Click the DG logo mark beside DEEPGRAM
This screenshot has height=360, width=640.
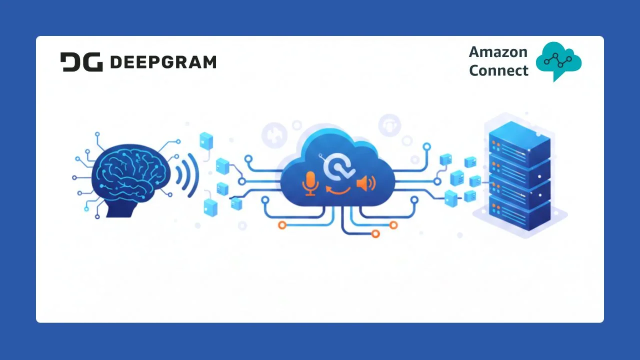[x=81, y=62]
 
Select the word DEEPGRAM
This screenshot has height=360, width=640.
[x=163, y=62]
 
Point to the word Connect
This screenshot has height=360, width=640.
[x=498, y=70]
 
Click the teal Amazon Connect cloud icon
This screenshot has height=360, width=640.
[x=558, y=59]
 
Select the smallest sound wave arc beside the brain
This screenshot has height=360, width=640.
[x=178, y=173]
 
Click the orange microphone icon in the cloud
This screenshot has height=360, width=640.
[x=310, y=183]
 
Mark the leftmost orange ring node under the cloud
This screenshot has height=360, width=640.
[x=282, y=225]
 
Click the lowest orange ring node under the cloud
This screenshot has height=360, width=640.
[x=375, y=233]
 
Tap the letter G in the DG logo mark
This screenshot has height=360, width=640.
[x=93, y=62]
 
